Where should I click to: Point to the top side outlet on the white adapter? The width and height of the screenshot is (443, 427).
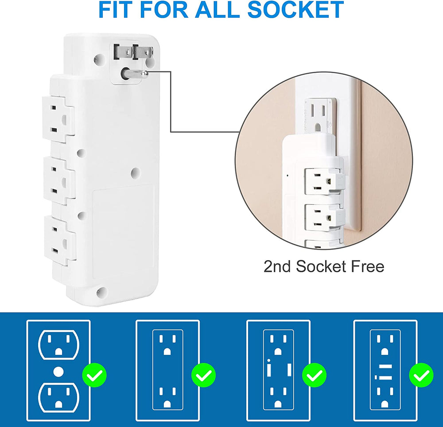pyautogui.click(x=58, y=119)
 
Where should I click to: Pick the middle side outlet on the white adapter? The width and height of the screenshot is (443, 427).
pyautogui.click(x=58, y=181)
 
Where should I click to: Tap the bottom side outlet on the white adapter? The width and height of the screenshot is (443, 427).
pyautogui.click(x=58, y=240)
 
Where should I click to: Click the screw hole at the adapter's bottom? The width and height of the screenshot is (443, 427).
pyautogui.click(x=101, y=292)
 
